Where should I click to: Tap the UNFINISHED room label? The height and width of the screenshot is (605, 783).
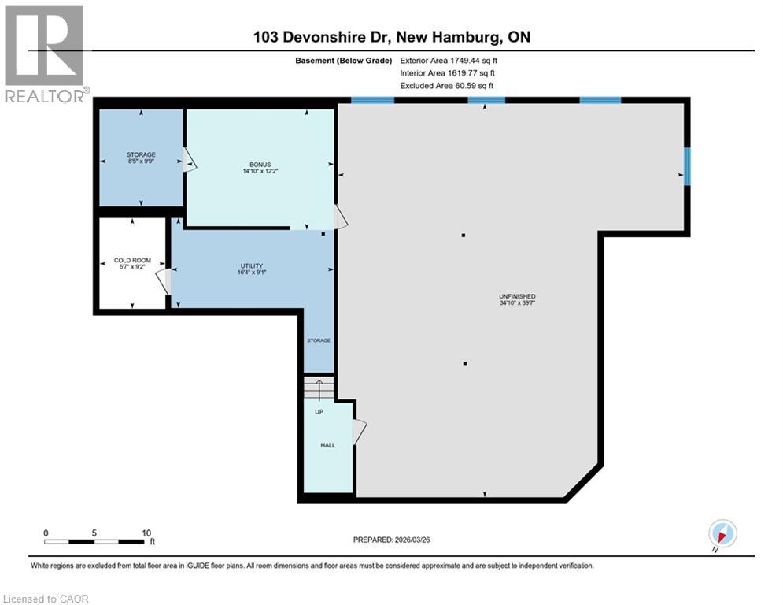(x=517, y=296)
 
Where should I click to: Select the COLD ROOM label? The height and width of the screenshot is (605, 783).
(x=130, y=260)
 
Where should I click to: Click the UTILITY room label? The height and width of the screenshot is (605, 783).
(x=252, y=265)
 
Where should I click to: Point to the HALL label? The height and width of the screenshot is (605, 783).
(x=327, y=445)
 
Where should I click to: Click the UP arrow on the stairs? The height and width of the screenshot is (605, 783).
(x=319, y=390)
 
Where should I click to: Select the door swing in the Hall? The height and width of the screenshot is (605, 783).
(x=359, y=432)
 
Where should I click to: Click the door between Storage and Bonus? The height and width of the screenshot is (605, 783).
(x=189, y=161)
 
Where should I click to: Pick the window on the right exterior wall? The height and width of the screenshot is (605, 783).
(x=686, y=166)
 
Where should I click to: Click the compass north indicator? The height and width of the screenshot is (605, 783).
(x=722, y=533)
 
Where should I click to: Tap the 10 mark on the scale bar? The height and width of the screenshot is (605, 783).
(x=146, y=533)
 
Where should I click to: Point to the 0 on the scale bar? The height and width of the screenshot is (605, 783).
(x=46, y=533)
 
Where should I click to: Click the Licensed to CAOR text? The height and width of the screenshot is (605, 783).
(x=46, y=599)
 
